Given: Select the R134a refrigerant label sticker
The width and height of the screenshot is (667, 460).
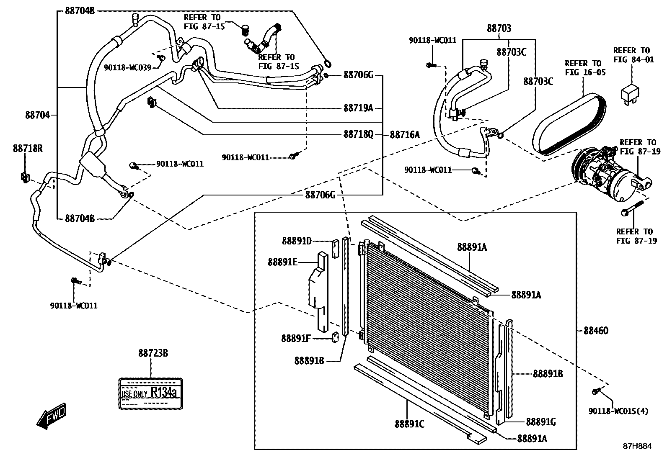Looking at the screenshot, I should click(x=151, y=393).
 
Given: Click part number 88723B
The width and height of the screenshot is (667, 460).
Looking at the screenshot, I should click(x=153, y=354).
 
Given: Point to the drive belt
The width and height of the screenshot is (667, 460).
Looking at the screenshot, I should click(x=570, y=126).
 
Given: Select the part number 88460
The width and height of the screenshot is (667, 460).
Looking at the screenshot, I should click(x=596, y=331).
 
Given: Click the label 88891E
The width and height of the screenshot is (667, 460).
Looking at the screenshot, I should click(x=282, y=262).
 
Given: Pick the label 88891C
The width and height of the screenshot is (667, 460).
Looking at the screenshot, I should click(x=409, y=424).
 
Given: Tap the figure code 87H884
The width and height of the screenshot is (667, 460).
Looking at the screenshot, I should click(x=637, y=446).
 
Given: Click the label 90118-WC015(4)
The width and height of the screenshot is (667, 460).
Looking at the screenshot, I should click(x=618, y=411).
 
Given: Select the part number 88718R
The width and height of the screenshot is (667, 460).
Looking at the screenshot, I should click(x=28, y=148).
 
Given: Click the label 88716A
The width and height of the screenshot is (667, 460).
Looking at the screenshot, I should click(x=405, y=135).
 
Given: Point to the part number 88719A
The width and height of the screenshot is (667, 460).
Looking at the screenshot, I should click(x=358, y=108).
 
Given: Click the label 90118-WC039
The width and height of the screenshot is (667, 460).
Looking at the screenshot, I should click(x=127, y=67).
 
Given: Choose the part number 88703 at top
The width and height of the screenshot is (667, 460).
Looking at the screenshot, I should click(x=499, y=28).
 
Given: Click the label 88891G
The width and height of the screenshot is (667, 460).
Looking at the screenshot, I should click(x=541, y=422).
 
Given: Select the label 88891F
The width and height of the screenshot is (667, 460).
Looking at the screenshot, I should click(x=296, y=338).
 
